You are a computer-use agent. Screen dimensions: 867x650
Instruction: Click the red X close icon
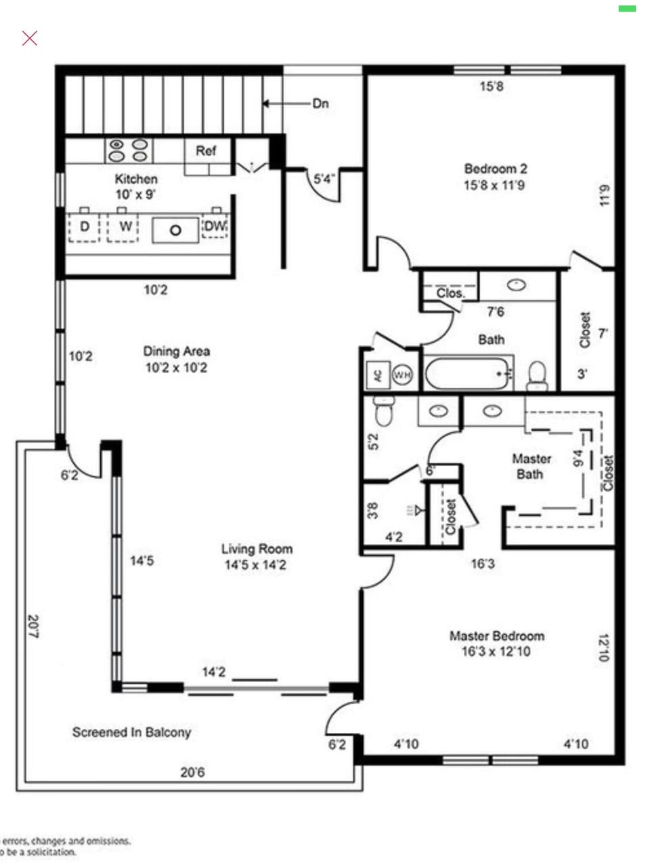point(30,38)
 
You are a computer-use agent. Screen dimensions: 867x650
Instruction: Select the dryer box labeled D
point(84,227)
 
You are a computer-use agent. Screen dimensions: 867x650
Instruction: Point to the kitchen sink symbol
point(175,230)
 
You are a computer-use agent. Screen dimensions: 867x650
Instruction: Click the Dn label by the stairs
point(320,104)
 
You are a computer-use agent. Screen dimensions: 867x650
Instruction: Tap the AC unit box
point(378,375)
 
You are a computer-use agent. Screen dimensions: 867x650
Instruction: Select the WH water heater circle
point(403,375)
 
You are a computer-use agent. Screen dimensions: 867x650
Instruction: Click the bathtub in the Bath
point(467,373)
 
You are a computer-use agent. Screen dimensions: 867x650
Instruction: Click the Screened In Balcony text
point(131,732)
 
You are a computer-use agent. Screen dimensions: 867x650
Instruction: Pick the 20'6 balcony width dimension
point(192,772)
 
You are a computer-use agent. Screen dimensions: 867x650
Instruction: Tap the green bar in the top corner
point(627,9)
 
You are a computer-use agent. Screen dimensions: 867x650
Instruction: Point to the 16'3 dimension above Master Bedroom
point(482,564)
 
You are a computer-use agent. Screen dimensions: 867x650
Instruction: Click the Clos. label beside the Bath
point(450,293)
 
